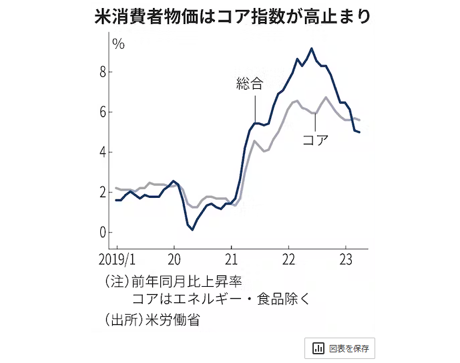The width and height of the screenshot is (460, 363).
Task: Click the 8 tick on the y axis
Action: (103, 72)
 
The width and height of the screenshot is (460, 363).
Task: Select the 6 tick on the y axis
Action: (103, 112)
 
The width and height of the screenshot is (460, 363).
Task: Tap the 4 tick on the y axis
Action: (103, 152)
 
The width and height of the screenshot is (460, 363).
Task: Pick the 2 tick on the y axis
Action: (103, 193)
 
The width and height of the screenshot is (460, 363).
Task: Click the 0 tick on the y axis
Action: (103, 233)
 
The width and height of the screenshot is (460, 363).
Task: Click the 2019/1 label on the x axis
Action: (117, 258)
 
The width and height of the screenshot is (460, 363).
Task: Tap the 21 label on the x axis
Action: (231, 258)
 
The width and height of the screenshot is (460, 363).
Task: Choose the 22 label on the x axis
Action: (288, 258)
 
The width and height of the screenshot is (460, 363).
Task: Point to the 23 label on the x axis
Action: (346, 258)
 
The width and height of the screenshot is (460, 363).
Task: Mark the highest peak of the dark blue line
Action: (311, 48)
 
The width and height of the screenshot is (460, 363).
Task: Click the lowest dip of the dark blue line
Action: (192, 230)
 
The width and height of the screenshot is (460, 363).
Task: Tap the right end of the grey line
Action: (361, 120)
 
